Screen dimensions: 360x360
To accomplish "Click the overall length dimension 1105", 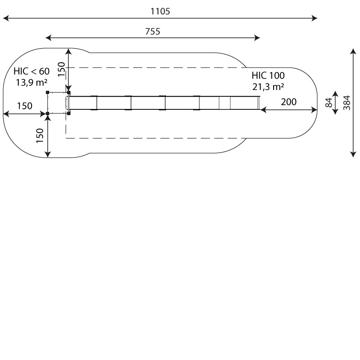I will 160,12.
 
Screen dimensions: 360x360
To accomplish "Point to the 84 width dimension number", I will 328,103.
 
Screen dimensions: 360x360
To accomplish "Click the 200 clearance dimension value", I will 288,102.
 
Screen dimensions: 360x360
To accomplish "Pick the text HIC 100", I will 268,75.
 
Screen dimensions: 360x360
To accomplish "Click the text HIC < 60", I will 31,71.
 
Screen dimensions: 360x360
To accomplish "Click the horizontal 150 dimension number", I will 25,106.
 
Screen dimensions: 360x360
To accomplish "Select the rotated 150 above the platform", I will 62,67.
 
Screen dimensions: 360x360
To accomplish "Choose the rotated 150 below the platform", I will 40,135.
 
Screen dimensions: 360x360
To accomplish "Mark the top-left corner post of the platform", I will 48,93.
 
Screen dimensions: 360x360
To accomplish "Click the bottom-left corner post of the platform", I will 48,113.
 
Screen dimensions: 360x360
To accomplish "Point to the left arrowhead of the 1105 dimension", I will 5,18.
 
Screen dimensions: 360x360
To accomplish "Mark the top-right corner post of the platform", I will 68,93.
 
